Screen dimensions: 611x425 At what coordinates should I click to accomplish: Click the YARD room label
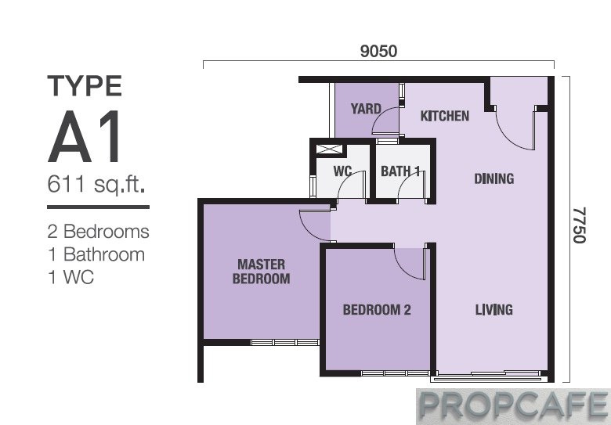click(366, 109)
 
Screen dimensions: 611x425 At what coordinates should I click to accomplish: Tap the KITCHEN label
click(445, 116)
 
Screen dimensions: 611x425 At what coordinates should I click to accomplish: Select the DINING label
click(493, 178)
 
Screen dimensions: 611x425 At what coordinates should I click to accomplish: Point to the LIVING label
click(493, 310)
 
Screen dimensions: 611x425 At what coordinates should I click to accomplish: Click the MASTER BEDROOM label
click(261, 272)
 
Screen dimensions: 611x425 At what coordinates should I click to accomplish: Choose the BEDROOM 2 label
click(377, 310)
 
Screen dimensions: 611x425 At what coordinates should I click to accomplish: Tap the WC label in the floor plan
click(342, 171)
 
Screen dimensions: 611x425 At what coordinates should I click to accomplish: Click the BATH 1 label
click(400, 171)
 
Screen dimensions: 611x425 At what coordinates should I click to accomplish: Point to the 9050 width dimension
click(378, 51)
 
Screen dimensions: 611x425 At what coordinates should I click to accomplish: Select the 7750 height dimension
click(579, 225)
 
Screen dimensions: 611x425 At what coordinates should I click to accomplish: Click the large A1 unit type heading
click(84, 136)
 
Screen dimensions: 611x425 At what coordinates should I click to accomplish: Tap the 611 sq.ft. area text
click(96, 184)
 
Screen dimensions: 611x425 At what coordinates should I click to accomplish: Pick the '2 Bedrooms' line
click(98, 232)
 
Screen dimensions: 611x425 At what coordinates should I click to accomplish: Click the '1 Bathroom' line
click(96, 254)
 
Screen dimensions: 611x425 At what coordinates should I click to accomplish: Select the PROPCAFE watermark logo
click(513, 406)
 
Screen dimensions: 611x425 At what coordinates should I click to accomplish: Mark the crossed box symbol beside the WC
click(330, 149)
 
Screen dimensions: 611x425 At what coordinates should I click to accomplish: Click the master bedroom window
click(285, 343)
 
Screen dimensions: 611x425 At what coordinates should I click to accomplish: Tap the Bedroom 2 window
click(395, 373)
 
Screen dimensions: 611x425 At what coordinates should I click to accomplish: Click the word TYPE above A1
click(85, 86)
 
